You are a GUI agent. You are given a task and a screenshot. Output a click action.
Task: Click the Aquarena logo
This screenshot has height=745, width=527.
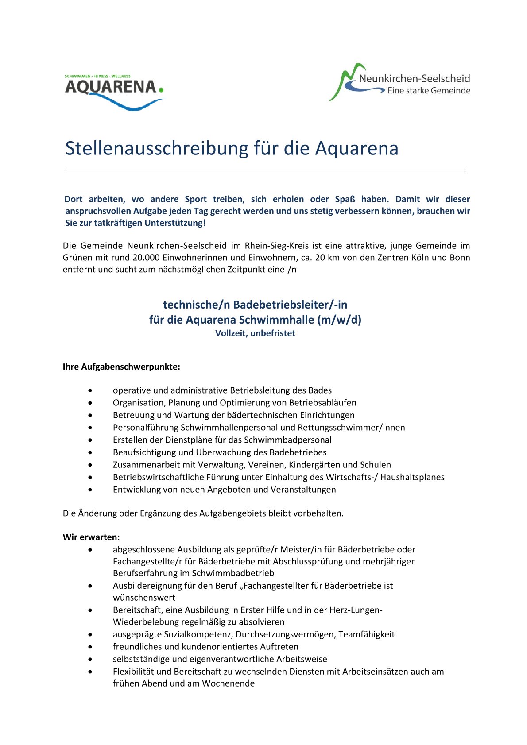[x=114, y=92]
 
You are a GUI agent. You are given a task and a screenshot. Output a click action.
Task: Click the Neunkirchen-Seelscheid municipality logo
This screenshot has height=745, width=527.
[x=399, y=83]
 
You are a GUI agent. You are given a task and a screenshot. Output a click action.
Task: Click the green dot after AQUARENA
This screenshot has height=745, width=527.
[x=161, y=90]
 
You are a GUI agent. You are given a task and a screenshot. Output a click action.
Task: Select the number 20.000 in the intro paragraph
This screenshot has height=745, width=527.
[x=146, y=258]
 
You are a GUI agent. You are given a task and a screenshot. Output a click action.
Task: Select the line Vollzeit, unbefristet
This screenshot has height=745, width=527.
[x=255, y=333]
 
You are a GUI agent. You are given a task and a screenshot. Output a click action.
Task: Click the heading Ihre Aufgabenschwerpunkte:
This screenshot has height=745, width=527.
[x=121, y=367]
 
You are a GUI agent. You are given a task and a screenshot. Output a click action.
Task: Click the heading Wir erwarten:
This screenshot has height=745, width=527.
[x=91, y=537]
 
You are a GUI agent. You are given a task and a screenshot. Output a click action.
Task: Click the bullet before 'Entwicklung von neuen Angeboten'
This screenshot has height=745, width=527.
[x=90, y=490]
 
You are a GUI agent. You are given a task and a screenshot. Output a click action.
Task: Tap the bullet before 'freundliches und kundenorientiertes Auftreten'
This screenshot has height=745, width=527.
[x=90, y=647]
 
